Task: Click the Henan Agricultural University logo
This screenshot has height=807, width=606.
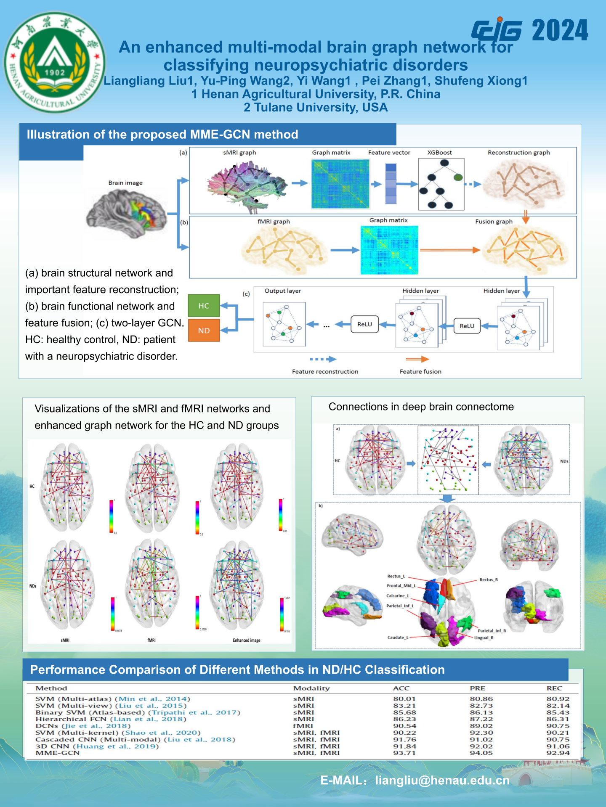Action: tap(55, 62)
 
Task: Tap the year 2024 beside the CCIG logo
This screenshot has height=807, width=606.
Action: tap(560, 31)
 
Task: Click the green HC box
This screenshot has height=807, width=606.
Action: tap(204, 306)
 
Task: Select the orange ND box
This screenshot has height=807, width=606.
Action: tap(204, 331)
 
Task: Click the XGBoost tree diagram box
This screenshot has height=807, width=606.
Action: tap(441, 184)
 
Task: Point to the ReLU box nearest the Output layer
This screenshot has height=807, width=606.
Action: tap(364, 324)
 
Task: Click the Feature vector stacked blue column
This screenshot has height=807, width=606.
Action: tap(391, 184)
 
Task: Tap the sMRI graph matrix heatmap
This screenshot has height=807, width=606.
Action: tap(340, 184)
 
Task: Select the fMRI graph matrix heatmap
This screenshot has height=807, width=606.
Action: tap(389, 250)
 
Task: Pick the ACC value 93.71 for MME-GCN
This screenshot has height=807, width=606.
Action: tap(404, 753)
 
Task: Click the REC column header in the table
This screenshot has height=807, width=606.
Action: tap(554, 688)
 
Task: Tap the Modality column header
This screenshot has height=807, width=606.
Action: tap(311, 688)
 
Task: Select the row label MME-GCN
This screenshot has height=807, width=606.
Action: tap(58, 753)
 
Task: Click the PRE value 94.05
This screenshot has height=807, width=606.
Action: tap(481, 753)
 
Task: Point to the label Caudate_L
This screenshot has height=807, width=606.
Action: tap(398, 638)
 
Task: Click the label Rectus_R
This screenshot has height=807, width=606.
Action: tap(489, 580)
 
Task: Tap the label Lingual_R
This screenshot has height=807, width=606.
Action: tap(484, 638)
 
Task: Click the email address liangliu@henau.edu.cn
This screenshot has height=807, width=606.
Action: tap(442, 781)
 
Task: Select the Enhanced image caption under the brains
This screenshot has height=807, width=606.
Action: tap(247, 640)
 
